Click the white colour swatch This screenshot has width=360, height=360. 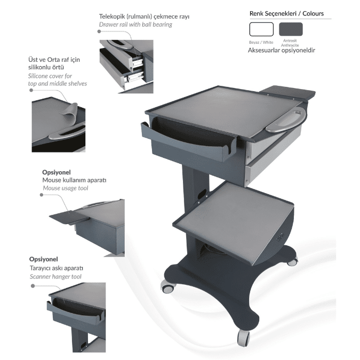pyautogui.click(x=261, y=29)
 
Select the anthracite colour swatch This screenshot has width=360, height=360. pyautogui.click(x=291, y=29)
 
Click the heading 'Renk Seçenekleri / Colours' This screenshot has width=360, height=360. pyautogui.click(x=286, y=13)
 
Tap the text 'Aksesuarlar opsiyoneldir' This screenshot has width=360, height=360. pyautogui.click(x=282, y=50)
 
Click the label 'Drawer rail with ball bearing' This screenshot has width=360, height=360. pyautogui.click(x=135, y=25)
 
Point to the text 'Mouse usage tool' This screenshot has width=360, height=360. pyautogui.click(x=66, y=188)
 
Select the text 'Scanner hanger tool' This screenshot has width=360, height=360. pyautogui.click(x=55, y=277)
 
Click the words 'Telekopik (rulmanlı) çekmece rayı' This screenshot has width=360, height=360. pyautogui.click(x=144, y=17)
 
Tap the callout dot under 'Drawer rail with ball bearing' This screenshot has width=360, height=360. pyautogui.click(x=99, y=31)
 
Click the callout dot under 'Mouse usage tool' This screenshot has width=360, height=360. pyautogui.click(x=42, y=195)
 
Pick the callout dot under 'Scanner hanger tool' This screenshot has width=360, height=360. pyautogui.click(x=33, y=286)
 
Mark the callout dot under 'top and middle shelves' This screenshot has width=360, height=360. pyautogui.click(x=31, y=90)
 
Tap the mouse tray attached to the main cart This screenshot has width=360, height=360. pyautogui.click(x=288, y=92)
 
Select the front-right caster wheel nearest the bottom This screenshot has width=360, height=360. pyautogui.click(x=243, y=339)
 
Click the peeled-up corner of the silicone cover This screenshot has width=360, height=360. pyautogui.click(x=70, y=112)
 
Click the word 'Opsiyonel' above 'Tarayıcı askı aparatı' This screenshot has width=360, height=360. pyautogui.click(x=43, y=259)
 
